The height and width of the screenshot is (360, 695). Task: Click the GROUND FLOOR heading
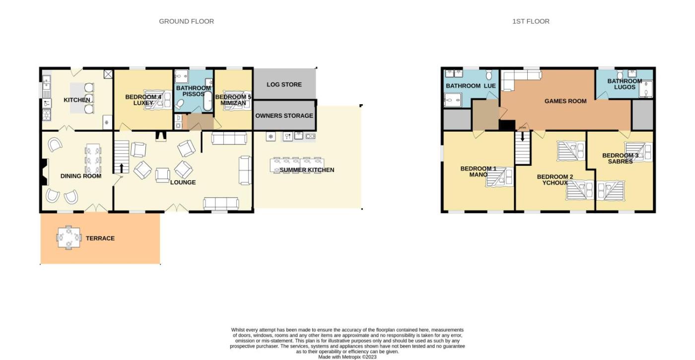187,21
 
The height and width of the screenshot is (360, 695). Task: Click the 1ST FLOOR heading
531,21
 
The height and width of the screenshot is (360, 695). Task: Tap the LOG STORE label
284,84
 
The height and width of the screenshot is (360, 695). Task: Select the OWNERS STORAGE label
284,116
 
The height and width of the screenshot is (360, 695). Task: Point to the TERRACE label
100,238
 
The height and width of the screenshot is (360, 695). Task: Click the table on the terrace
69,238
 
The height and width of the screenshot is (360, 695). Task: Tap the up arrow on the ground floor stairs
121,168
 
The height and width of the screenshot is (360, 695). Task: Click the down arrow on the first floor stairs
522,136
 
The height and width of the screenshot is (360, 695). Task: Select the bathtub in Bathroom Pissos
208,101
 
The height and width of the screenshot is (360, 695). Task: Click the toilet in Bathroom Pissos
179,105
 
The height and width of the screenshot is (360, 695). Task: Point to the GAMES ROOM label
565,101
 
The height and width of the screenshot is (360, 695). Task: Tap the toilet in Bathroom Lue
489,75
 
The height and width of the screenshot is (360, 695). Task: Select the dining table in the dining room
93,158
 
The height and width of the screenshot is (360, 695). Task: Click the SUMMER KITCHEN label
307,170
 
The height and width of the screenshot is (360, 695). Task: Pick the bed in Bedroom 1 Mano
499,177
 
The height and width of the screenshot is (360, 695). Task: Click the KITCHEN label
76,100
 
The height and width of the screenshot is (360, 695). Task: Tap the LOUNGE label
183,183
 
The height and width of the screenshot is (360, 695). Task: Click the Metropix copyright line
347,357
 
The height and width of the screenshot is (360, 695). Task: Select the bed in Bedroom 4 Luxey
158,100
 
